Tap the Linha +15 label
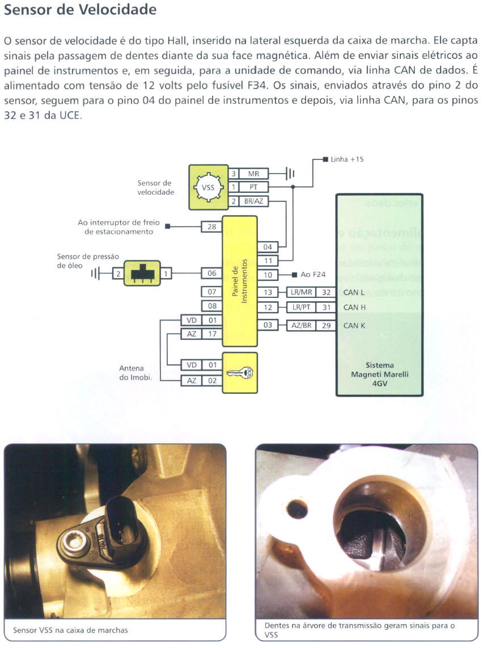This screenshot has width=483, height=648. pos(347,159)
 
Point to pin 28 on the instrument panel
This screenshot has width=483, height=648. pos(212,227)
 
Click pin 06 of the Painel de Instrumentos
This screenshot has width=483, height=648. pos(212,273)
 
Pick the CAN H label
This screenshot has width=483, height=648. pos(354,308)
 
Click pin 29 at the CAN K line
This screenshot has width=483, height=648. pos(326,326)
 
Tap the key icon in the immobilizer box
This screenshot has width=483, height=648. pos(239,372)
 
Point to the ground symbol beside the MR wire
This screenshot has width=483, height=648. pos(289,174)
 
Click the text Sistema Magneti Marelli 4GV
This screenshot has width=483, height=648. pos(379,375)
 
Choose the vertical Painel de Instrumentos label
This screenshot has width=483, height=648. pos(240,282)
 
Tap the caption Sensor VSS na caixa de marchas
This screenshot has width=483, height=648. pos(70,630)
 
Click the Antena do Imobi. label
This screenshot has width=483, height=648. pos(132,373)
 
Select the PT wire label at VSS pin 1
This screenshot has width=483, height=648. pos(254,187)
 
